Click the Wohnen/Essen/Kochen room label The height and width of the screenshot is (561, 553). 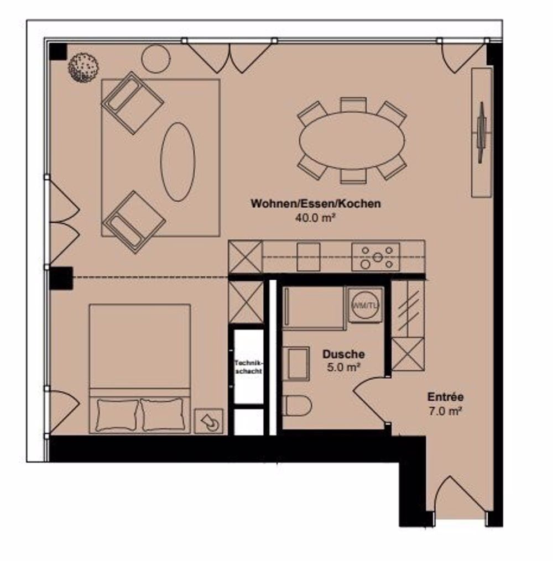click(x=316, y=203)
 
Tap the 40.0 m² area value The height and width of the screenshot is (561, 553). click(x=315, y=218)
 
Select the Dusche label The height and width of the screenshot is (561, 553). click(x=343, y=354)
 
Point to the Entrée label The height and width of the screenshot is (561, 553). click(x=446, y=397)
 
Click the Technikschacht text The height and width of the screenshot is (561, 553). click(x=248, y=367)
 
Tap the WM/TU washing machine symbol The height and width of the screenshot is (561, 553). click(x=365, y=305)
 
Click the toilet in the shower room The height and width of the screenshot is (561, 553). click(x=297, y=405)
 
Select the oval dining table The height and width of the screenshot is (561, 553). click(x=352, y=140)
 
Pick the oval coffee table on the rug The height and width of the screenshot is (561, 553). click(x=178, y=161)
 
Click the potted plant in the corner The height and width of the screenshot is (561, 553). click(x=84, y=67)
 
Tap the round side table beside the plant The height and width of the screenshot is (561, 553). click(x=156, y=59)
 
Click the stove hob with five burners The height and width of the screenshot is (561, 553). click(x=376, y=257)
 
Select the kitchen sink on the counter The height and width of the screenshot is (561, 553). click(x=309, y=257)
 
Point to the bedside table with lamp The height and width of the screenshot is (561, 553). click(x=208, y=422)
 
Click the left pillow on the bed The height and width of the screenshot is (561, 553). click(x=117, y=415)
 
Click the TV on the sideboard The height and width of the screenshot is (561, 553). click(x=482, y=133)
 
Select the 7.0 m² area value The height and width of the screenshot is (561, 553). click(x=445, y=411)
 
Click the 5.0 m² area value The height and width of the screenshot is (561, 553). click(x=343, y=368)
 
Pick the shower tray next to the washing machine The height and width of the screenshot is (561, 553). click(x=314, y=308)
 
